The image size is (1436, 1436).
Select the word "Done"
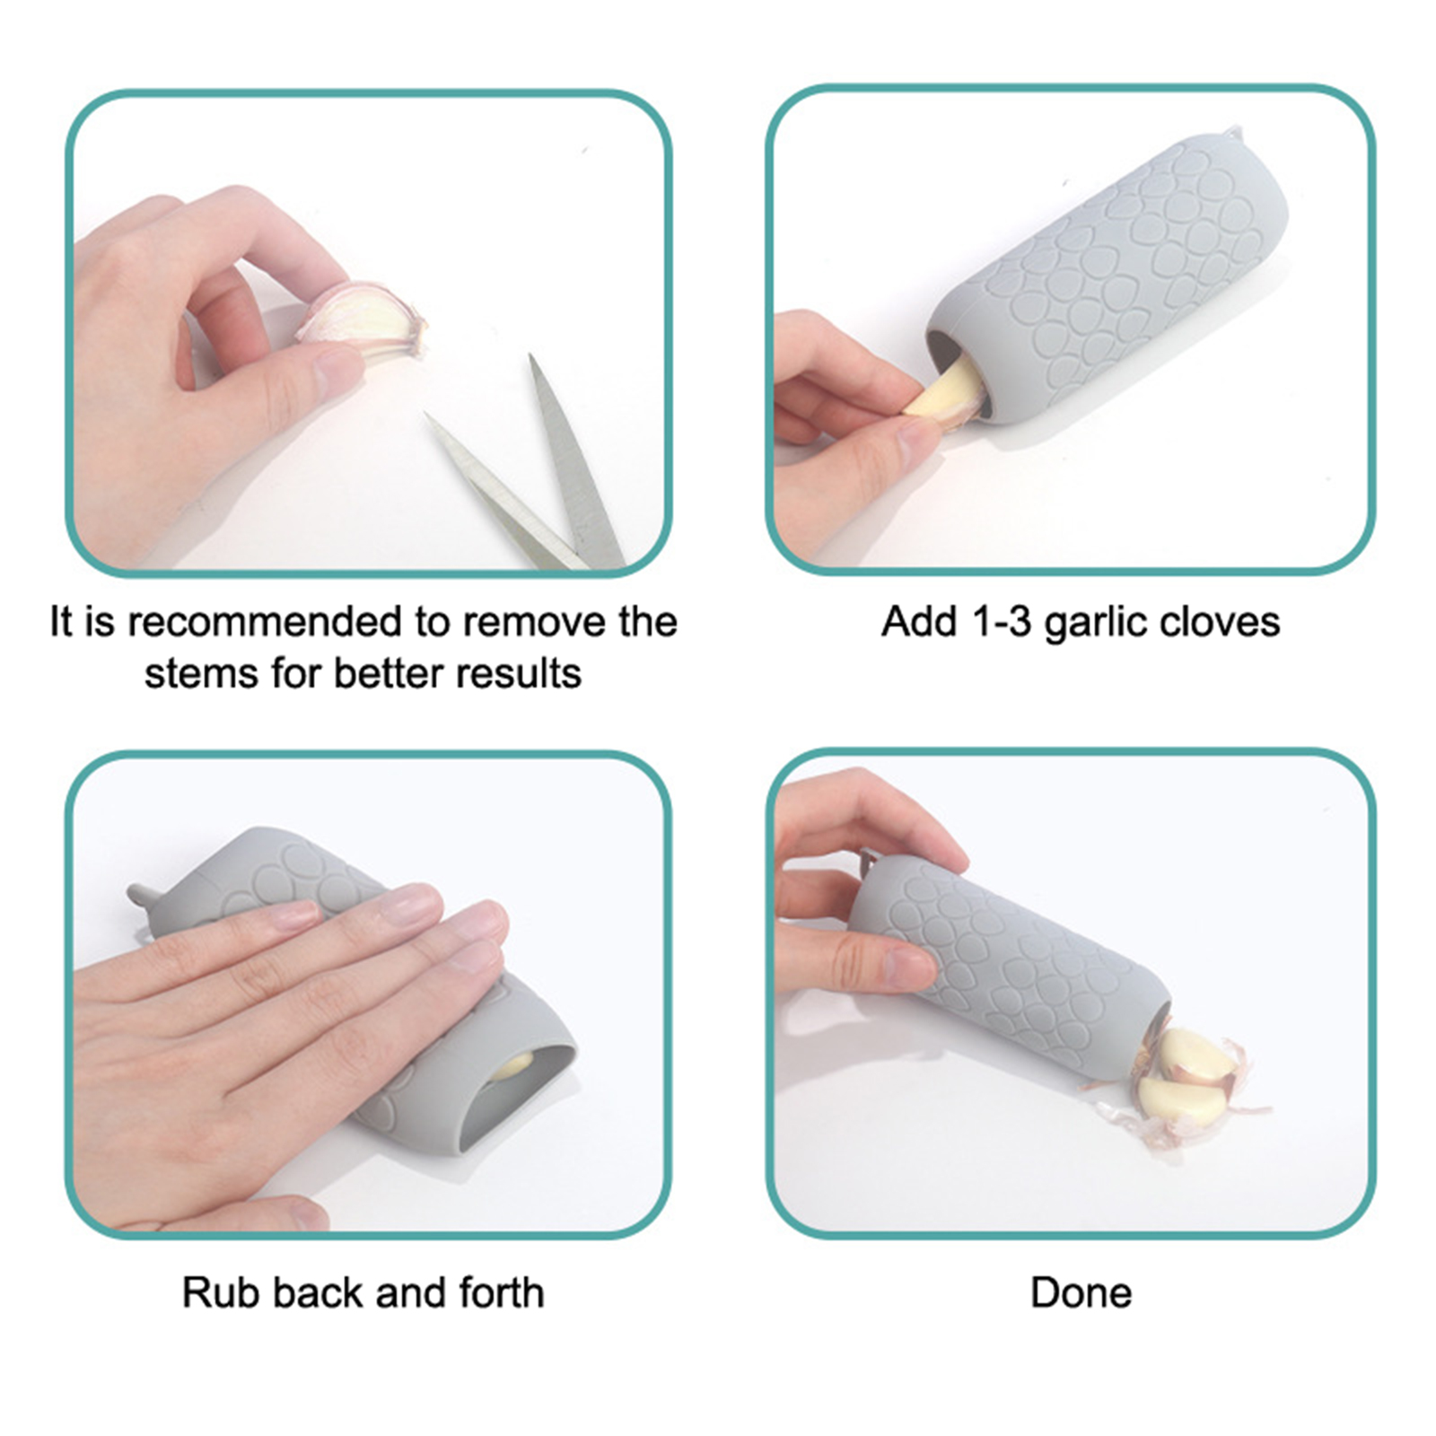point(1081,1293)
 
